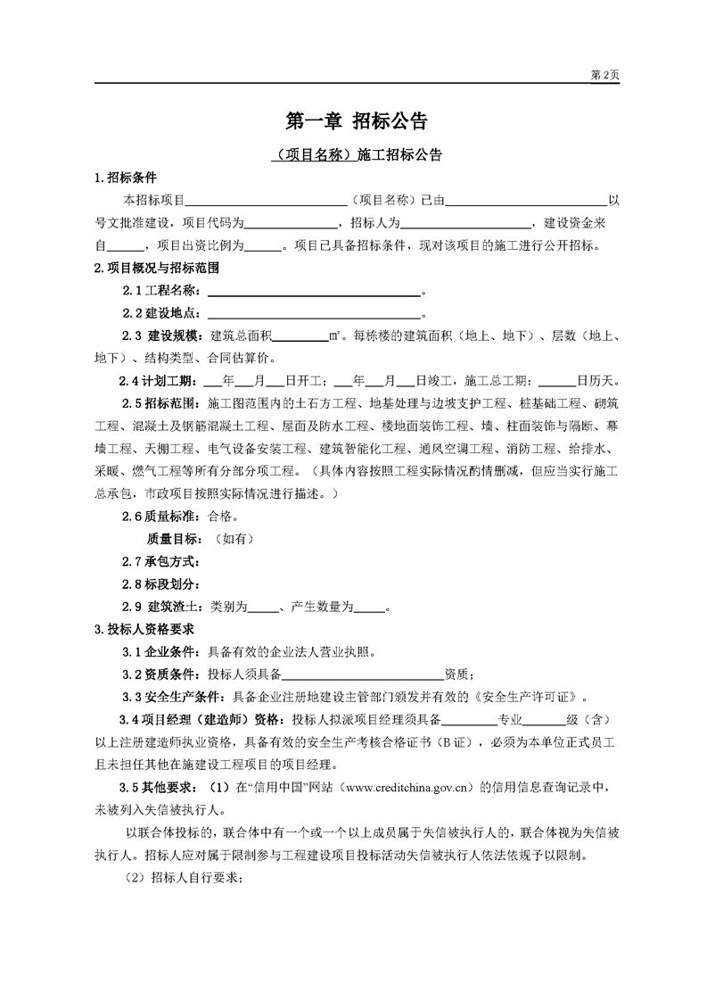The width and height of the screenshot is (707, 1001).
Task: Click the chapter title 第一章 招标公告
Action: click(355, 120)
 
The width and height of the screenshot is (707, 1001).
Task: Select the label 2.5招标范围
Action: click(161, 402)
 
